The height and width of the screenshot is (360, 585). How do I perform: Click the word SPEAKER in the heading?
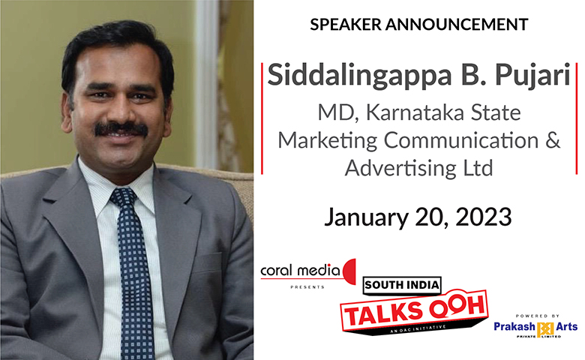click(x=346, y=25)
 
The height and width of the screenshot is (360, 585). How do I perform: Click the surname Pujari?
click(x=532, y=76)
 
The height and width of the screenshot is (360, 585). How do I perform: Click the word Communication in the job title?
click(x=461, y=141)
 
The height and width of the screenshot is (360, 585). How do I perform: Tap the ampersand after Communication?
click(x=553, y=141)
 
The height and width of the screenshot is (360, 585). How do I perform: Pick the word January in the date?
click(x=366, y=217)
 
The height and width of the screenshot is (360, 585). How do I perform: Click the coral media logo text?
click(x=300, y=271)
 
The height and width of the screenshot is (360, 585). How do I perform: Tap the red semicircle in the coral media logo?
click(x=349, y=271)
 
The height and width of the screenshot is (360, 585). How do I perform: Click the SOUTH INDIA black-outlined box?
click(x=402, y=286)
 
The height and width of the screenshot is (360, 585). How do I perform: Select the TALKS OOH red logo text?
click(x=415, y=310)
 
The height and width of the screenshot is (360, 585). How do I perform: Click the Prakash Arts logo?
click(x=535, y=328)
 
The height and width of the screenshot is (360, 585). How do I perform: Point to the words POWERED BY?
click(x=537, y=316)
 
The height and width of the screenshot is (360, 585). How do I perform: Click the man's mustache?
click(x=121, y=129)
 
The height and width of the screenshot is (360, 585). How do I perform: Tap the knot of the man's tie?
click(x=123, y=198)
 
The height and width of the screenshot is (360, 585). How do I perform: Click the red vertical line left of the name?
click(x=262, y=118)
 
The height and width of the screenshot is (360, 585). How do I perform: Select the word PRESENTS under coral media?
click(x=307, y=287)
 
